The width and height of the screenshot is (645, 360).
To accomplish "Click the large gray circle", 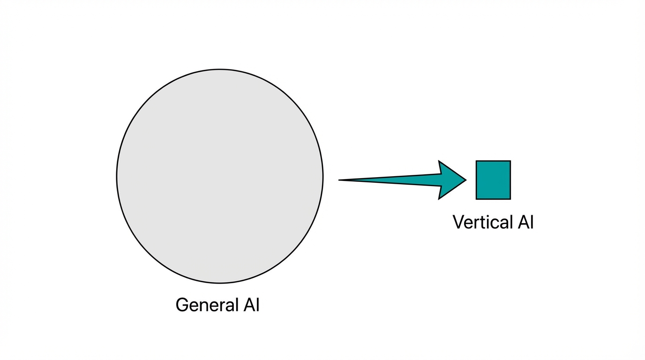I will pos(219,176).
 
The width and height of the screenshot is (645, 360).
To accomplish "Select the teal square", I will pos(493,180).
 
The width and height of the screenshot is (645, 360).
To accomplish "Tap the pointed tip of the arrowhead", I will pos(465,180).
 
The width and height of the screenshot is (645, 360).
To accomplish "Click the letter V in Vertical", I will pos(458,222).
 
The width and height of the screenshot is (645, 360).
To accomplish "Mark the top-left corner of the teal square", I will pos(477,161).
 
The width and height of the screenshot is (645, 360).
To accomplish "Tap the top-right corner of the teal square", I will pos(510,161).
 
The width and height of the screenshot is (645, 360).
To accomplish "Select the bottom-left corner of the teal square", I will pos(477,199).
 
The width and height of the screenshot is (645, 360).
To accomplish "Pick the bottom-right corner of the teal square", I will pos(510,199).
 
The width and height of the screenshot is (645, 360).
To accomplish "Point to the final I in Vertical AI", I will pos(532,222).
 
